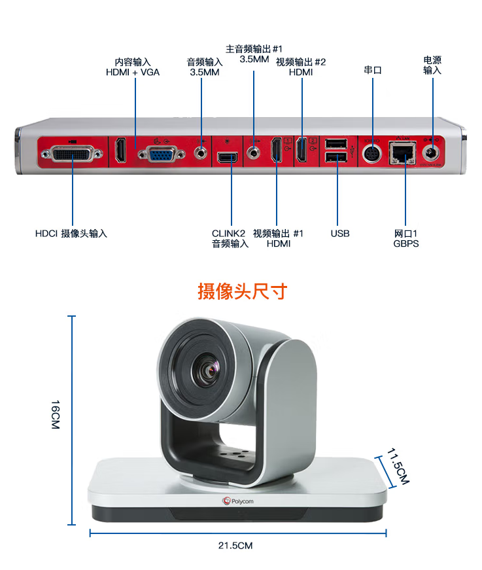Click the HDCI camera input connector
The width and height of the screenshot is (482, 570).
tap(72, 154)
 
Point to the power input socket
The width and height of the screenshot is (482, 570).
tap(430, 153)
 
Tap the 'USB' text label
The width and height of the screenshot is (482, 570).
tap(340, 234)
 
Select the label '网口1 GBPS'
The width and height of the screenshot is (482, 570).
tap(405, 238)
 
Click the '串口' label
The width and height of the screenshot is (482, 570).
tap(373, 70)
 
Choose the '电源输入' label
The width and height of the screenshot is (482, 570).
tap(432, 65)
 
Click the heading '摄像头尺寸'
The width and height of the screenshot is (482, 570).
tap(243, 291)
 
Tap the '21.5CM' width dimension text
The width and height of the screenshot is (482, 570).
tap(235, 545)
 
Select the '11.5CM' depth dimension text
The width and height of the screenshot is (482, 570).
tap(398, 467)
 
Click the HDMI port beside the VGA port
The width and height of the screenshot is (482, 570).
tap(121, 151)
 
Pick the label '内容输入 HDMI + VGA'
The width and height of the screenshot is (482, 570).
tap(133, 67)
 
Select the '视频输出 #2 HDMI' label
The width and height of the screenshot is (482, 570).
tap(301, 67)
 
